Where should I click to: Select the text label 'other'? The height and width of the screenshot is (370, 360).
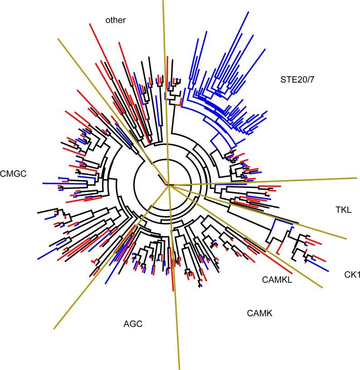point(115,20)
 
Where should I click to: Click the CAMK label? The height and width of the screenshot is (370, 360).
point(260,313)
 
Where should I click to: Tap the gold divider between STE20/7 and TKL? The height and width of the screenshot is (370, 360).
point(272,181)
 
